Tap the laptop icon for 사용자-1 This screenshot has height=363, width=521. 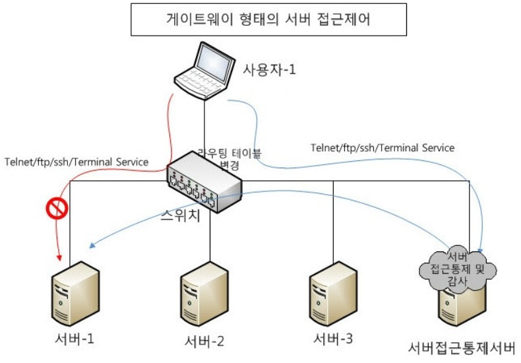(x=204, y=72)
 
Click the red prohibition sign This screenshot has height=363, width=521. (x=57, y=210)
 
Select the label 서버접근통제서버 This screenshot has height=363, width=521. (x=460, y=348)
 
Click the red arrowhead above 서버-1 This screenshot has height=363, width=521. (x=59, y=255)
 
